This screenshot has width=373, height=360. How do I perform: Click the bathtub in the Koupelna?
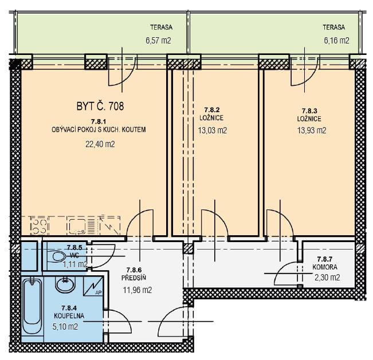click(x=33, y=307)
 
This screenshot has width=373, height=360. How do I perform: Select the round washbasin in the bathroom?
click(x=65, y=283)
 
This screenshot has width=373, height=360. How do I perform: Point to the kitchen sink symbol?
click(x=77, y=226)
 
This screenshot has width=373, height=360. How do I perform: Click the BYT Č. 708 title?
click(x=100, y=106)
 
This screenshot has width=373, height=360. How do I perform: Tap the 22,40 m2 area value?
click(x=100, y=144)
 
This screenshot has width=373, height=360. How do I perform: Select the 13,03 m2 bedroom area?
click(x=213, y=130)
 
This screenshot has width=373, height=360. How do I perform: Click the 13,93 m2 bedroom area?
click(x=312, y=130)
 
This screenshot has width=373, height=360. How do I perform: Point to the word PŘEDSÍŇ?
click(x=134, y=278)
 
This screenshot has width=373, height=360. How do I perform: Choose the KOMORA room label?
click(x=325, y=267)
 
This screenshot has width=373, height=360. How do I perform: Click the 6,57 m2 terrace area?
click(x=158, y=41)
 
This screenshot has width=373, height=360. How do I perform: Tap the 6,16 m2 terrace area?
click(x=336, y=41)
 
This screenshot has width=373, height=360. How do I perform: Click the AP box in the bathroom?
click(x=93, y=286)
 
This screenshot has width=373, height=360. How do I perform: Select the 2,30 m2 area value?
click(x=327, y=278)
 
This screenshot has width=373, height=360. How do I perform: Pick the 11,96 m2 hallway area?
click(x=138, y=290)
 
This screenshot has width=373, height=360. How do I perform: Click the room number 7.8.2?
click(x=212, y=110)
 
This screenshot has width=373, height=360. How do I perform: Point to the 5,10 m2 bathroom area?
click(x=65, y=326)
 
